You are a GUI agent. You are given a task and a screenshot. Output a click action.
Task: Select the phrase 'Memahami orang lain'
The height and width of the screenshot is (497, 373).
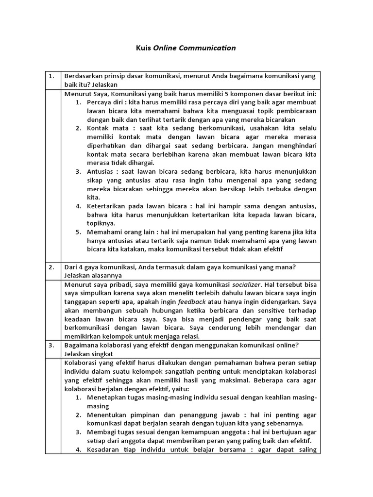119,232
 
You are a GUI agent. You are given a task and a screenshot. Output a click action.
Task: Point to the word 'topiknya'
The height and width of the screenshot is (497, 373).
101,223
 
